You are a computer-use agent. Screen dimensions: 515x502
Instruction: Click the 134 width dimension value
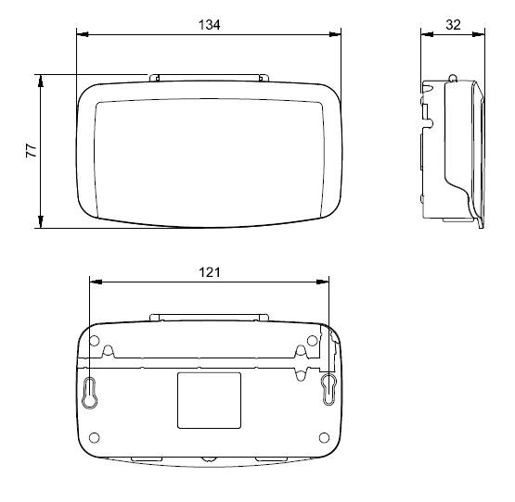click(209, 25)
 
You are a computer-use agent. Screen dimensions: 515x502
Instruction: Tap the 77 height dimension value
click(32, 150)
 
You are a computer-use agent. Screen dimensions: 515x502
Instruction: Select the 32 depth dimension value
click(453, 25)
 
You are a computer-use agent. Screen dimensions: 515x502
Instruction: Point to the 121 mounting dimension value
click(209, 272)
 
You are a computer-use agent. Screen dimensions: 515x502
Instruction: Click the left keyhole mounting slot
click(90, 393)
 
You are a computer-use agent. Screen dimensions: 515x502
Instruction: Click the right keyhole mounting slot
click(328, 389)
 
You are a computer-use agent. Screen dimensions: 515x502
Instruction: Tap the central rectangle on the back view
click(209, 400)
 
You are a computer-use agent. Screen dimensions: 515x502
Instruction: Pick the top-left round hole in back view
click(95, 341)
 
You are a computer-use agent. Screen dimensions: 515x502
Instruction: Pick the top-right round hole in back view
click(312, 341)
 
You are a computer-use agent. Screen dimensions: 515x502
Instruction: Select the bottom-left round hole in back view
click(95, 437)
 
